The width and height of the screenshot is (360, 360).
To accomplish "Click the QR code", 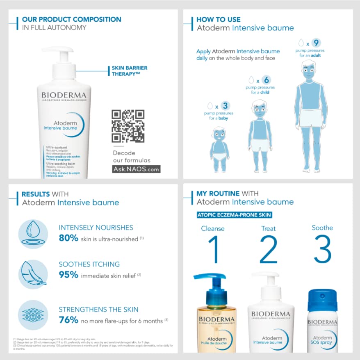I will pyautogui.click(x=128, y=126).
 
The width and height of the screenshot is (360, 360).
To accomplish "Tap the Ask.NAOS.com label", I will pyautogui.click(x=136, y=169).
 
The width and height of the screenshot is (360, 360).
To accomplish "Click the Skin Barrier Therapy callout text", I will pyautogui.click(x=130, y=71).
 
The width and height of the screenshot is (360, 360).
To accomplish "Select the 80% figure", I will pyautogui.click(x=68, y=238).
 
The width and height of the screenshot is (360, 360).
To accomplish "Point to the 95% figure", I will pyautogui.click(x=68, y=275).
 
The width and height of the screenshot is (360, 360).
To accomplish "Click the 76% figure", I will pyautogui.click(x=68, y=320).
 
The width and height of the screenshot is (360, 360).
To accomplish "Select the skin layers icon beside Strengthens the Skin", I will pyautogui.click(x=33, y=315).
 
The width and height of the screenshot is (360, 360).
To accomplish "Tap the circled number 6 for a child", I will pyautogui.click(x=266, y=80).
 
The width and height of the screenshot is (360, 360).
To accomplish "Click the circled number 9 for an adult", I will pyautogui.click(x=315, y=43).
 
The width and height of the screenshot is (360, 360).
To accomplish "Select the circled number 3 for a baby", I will pyautogui.click(x=225, y=106).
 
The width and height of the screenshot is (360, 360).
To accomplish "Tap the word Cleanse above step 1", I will pyautogui.click(x=213, y=228).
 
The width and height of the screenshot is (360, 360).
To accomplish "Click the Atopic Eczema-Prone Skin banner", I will pyautogui.click(x=234, y=215).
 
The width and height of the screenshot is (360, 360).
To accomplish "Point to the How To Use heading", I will pyautogui.click(x=219, y=19).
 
